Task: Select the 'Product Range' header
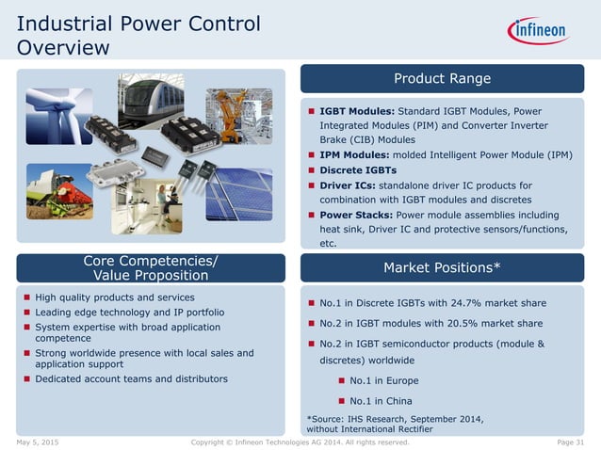point(442,78)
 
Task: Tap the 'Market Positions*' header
point(442,268)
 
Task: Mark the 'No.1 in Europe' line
point(386,380)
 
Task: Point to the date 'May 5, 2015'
point(38,442)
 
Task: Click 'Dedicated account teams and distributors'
point(131,378)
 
